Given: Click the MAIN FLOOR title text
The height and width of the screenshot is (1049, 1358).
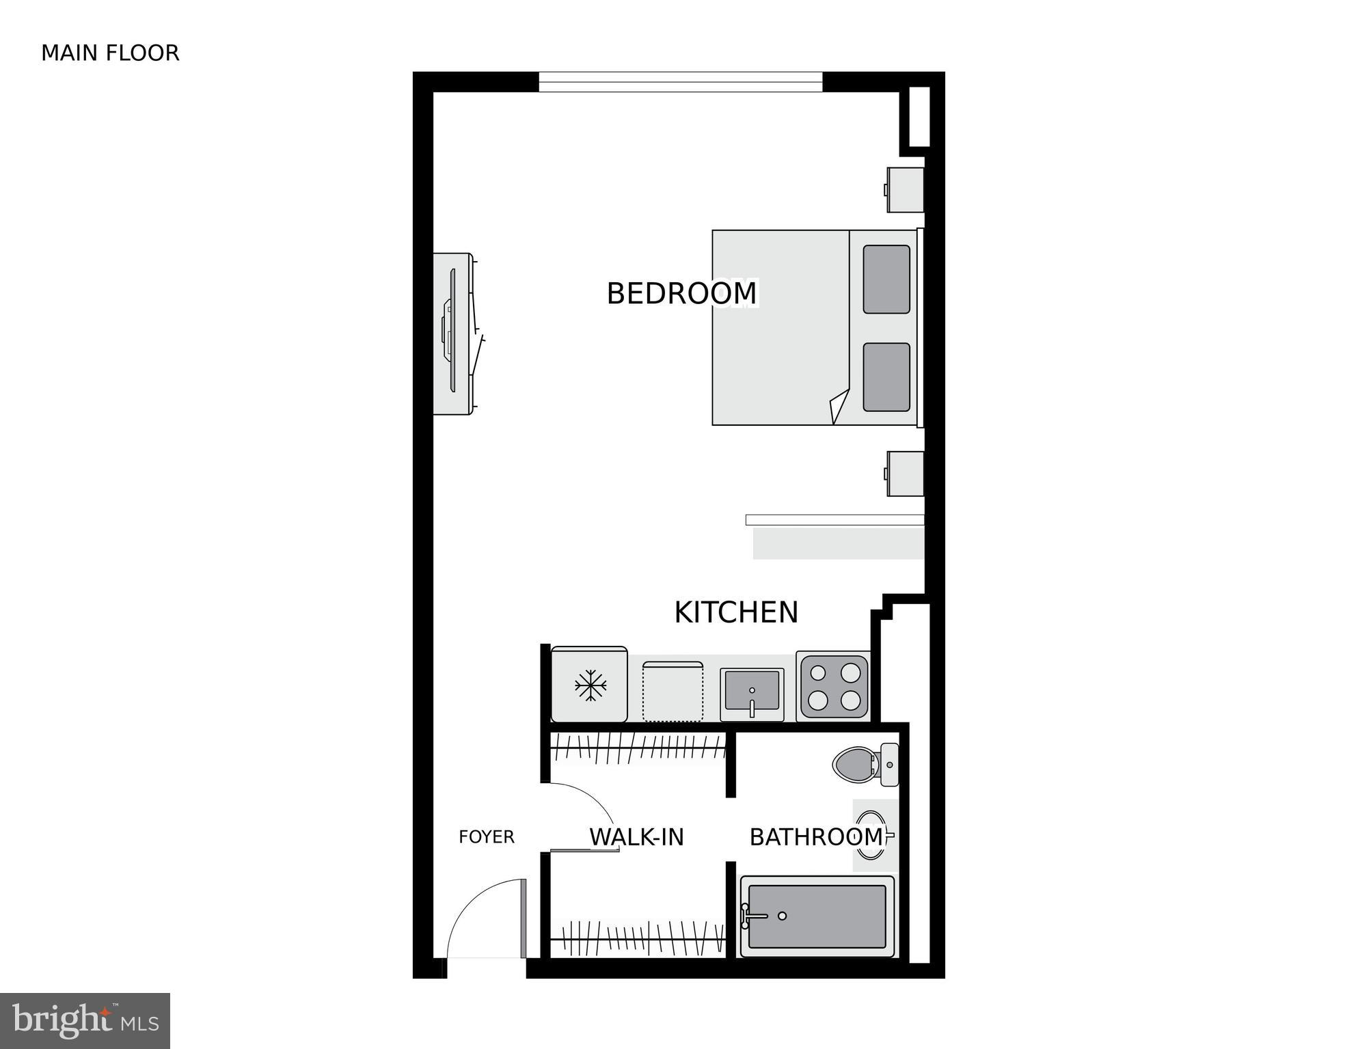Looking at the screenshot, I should click(x=110, y=53).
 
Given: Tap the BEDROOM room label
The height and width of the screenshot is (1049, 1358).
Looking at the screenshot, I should click(x=681, y=293).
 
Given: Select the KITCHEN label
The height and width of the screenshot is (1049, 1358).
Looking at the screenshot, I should click(x=736, y=612).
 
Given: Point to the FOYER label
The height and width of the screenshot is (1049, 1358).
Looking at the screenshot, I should click(x=486, y=836).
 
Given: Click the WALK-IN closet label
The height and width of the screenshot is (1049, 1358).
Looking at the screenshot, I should click(x=636, y=836).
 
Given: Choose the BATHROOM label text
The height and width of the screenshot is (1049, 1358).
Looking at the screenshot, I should click(x=816, y=836).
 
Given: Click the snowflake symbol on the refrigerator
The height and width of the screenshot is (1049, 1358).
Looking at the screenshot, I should click(x=590, y=685).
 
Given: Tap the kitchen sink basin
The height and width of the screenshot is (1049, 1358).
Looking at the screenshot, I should click(x=751, y=691).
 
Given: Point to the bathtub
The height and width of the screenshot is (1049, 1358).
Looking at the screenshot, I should click(x=817, y=916).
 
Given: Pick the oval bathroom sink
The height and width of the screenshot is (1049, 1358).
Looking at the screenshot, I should click(x=871, y=834).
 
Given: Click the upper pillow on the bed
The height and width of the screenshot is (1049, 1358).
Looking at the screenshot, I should click(x=886, y=280).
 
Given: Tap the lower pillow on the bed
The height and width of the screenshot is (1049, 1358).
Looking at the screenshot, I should click(x=886, y=377).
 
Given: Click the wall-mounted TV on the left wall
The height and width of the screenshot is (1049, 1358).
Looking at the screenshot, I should click(x=451, y=333).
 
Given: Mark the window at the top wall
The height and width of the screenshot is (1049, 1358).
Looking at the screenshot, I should click(x=680, y=82).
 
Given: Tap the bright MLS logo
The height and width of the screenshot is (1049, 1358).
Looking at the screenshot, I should click(x=85, y=1020).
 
